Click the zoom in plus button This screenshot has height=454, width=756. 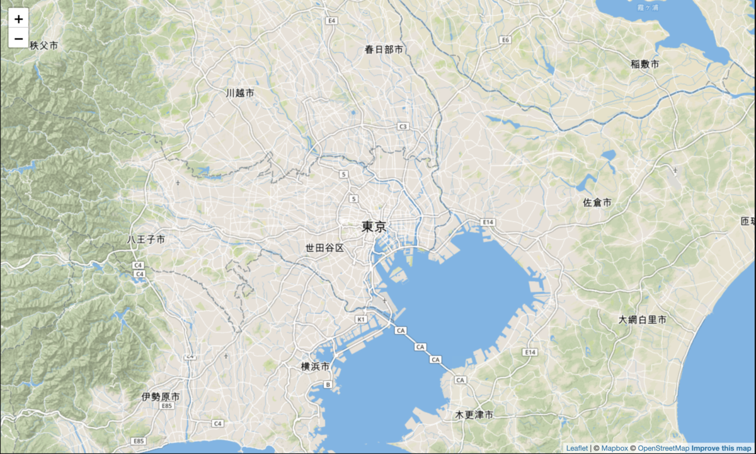pos(18,19)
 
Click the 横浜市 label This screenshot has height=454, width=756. pos(316,366)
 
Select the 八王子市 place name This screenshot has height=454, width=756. pos(146,240)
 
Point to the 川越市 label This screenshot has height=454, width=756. pos(240,93)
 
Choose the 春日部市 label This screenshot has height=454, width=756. pos(384,49)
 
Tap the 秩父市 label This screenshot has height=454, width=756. pos(43,45)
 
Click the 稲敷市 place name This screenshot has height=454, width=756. pos(645,64)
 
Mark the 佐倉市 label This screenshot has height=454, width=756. pos(597,202)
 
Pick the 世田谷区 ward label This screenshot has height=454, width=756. pos(325,248)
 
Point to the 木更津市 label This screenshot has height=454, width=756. pos(474,415)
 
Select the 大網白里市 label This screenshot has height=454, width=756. pos(642,320)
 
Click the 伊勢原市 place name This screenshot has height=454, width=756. pos(161,397)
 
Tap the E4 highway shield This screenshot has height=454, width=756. pos(331,21)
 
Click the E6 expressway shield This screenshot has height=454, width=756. pos(504,40)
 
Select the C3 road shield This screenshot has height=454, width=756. pos(403,126)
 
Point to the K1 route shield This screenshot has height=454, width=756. pos(361,320)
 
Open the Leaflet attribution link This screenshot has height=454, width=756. pos(576,448)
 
